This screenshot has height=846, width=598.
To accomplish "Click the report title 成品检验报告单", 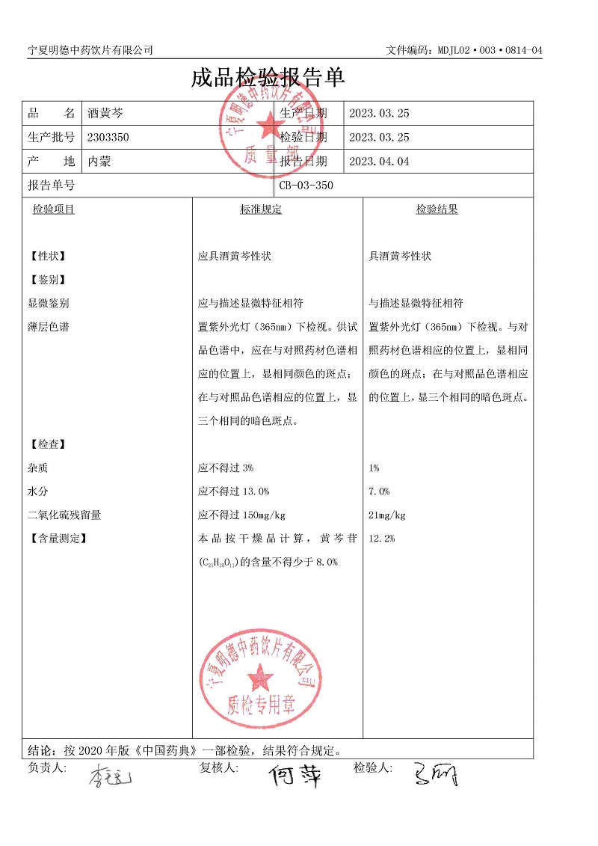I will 267,78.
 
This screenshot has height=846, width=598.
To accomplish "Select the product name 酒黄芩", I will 105,114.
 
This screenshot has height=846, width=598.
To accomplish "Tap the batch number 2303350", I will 108,138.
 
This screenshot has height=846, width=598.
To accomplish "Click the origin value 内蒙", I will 99,162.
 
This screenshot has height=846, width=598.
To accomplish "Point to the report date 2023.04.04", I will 379,162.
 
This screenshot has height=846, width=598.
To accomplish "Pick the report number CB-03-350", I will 306,186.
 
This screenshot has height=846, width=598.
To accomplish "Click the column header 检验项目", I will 54,210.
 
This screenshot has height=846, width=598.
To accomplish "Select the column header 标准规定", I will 261,210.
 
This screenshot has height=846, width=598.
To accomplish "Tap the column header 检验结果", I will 437,210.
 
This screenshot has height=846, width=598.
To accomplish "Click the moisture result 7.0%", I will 379,491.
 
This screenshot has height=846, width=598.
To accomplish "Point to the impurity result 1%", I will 374,468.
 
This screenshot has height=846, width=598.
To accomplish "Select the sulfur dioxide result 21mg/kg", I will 387,515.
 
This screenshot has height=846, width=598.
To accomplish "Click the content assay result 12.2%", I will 381,539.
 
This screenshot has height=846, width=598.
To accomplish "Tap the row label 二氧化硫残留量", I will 64,515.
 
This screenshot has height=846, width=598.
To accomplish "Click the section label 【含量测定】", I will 57,539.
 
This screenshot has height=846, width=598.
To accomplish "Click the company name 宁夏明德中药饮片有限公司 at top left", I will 90,50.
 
